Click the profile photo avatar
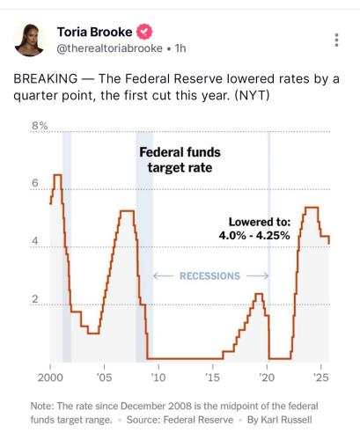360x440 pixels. (29, 40)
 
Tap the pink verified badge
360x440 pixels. (144, 32)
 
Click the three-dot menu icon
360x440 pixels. (336, 40)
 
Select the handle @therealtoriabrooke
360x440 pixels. (109, 48)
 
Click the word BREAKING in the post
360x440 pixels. (46, 79)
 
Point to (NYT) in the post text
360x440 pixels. (253, 96)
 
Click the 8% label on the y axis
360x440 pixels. (40, 126)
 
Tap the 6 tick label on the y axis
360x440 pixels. (35, 183)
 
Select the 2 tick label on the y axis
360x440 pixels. (35, 299)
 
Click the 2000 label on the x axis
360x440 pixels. (50, 378)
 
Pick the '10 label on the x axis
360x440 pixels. (158, 378)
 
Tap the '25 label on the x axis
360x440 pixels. (321, 378)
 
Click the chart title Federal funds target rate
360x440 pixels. (180, 160)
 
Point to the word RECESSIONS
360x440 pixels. (209, 276)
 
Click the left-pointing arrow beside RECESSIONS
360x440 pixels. (163, 276)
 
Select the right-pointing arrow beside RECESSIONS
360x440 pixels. (257, 276)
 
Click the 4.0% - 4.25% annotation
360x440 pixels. (254, 235)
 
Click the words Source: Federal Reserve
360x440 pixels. (180, 420)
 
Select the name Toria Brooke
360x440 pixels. (94, 32)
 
